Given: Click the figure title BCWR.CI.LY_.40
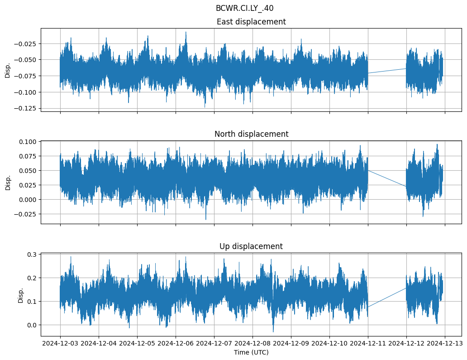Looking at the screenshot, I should (x=244, y=8).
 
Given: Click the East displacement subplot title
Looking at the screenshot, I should (x=251, y=22).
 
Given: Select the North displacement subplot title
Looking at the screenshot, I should (x=251, y=134).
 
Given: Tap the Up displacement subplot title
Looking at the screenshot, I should (x=251, y=246).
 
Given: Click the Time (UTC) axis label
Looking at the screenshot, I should (x=251, y=352).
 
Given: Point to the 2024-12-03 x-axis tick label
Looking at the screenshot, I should (x=61, y=344).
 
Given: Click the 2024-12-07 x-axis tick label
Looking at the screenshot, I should (x=214, y=344).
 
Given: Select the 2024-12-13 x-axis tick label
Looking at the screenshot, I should (x=444, y=344).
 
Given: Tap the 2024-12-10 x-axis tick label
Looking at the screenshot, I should (x=329, y=344).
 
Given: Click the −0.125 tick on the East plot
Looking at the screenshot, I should (x=27, y=109).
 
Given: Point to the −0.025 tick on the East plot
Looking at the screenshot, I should (x=27, y=43).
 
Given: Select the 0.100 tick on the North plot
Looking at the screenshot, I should (x=29, y=142).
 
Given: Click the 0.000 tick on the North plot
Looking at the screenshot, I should (x=29, y=200).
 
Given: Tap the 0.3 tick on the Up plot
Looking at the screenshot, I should (x=33, y=254).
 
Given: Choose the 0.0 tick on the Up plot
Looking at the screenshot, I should (x=33, y=325).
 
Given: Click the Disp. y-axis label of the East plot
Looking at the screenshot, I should (x=8, y=70).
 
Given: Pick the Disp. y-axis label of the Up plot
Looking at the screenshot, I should (x=20, y=294).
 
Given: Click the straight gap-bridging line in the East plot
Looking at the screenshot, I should (x=387, y=71).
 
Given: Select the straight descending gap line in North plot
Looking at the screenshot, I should (x=387, y=178).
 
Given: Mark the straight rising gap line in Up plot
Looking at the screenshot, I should (x=387, y=298).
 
